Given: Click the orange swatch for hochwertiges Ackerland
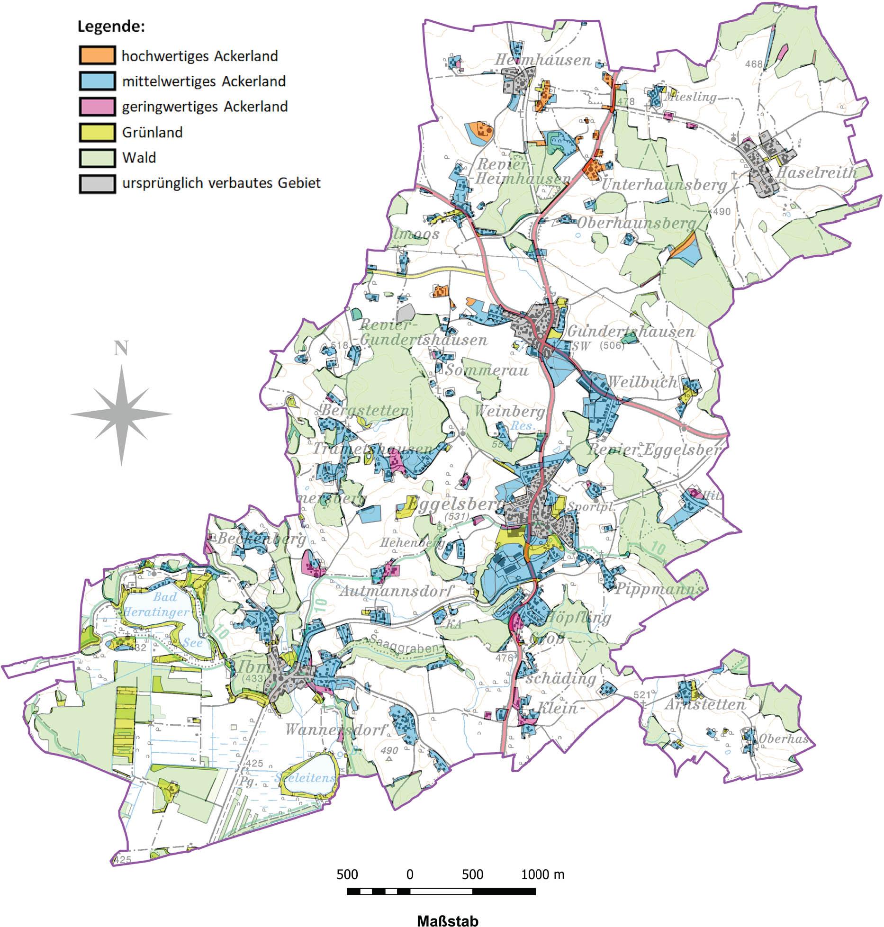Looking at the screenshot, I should coord(97,55).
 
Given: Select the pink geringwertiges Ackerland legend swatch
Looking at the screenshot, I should coord(97,106).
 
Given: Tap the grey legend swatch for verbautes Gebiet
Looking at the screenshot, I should coord(97,183).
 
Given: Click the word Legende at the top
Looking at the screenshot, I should coord(111,27).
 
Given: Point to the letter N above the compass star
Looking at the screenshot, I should coord(121,349).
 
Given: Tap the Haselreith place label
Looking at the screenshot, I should coord(816,172).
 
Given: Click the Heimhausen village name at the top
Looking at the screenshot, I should coord(543,60).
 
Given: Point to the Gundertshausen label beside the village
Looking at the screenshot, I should coord(631,332).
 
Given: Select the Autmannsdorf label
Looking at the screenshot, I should coord(397,591).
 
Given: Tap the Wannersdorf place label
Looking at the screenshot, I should coord(337,730).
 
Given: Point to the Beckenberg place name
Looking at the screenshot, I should coord(262,539).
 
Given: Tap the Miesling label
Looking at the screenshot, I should coord(691,97).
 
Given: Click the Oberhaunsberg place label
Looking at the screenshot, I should coord(636,223).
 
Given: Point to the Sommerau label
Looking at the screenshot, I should coord(486,370).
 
